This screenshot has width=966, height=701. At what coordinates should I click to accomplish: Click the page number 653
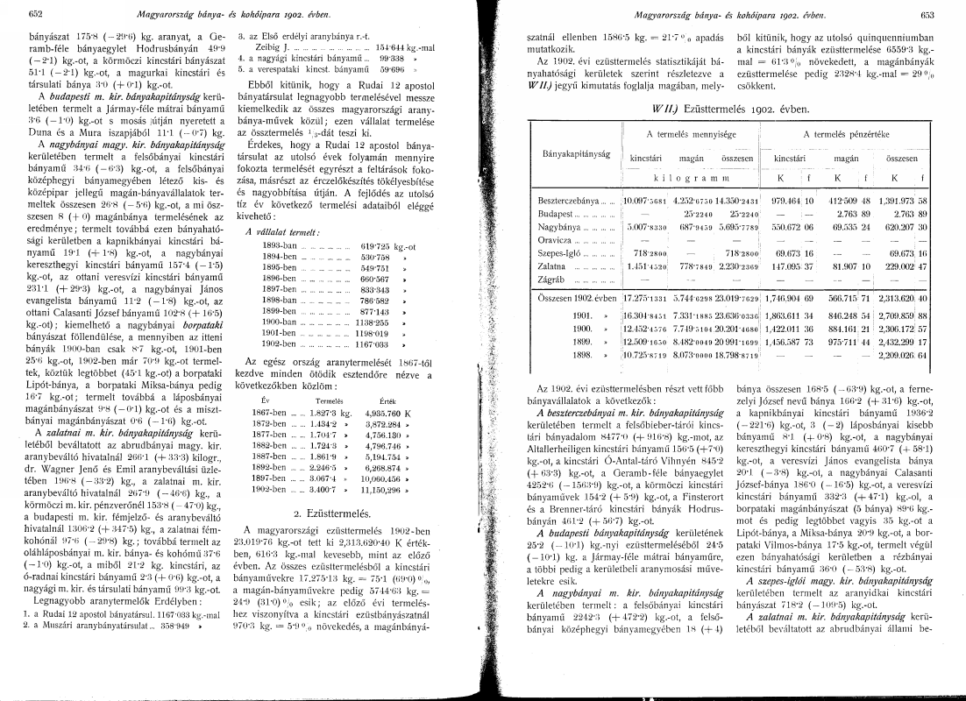point(928,13)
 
